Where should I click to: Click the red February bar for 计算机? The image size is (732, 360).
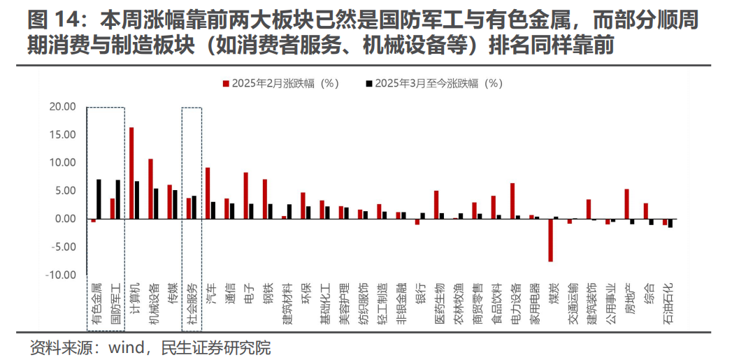click(x=131, y=173)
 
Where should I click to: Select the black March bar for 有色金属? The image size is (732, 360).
click(x=99, y=199)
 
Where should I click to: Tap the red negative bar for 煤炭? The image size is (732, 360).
click(x=551, y=240)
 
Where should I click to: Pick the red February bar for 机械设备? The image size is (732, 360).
click(x=150, y=189)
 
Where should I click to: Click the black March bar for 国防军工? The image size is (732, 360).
click(x=118, y=199)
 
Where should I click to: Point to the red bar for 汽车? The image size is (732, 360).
click(x=208, y=193)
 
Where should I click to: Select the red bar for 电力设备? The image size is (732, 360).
click(x=512, y=201)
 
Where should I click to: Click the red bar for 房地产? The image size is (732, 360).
click(x=626, y=203)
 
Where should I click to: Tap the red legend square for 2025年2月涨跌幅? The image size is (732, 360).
click(x=226, y=84)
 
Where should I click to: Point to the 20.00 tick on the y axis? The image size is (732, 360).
click(x=62, y=107)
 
